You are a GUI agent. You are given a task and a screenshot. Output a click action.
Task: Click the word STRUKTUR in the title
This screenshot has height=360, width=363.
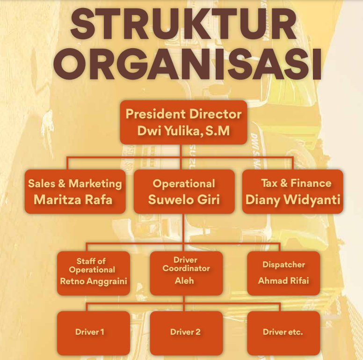tap(183, 24)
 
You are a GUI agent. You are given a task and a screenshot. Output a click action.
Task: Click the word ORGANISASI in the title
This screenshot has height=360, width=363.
tap(187, 64)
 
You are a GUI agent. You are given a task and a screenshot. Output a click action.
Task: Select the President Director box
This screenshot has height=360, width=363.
tap(183, 122)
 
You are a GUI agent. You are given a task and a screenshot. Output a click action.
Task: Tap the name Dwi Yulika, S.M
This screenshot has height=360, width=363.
tap(183, 131)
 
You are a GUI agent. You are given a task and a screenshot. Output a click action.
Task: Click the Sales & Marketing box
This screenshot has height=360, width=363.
tap(75, 191)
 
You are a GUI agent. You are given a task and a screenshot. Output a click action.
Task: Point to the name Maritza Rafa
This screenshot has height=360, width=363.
tap(73, 199)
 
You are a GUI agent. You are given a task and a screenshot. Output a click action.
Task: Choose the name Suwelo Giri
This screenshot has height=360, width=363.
tap(184, 199)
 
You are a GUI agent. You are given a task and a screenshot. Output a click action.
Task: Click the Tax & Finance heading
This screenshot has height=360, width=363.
tap(296, 183)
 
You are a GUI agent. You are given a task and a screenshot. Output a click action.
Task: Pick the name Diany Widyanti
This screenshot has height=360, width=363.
tap(293, 200)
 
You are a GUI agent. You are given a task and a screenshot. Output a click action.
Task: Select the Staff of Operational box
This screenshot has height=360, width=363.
tap(94, 273)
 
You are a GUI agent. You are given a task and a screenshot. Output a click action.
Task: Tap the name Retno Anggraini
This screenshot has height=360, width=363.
tap(94, 281)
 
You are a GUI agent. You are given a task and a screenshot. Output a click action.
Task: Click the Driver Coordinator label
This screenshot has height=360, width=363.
tap(186, 264)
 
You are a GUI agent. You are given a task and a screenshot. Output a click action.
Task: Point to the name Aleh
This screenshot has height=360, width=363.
tap(184, 281)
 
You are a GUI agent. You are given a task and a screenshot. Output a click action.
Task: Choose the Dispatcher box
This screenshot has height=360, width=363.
tap(283, 273)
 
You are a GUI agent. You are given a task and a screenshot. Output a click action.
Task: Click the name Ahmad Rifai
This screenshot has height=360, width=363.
tap(283, 281)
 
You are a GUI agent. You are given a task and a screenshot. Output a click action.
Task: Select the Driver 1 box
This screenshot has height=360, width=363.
tap(94, 333)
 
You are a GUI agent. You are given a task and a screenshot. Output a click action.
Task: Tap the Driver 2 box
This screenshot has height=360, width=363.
tap(186, 333)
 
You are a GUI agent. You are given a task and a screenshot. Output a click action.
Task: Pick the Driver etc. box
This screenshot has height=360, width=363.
tap(283, 333)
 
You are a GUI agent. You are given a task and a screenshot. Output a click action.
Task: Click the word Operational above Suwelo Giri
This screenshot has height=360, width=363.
tap(184, 184)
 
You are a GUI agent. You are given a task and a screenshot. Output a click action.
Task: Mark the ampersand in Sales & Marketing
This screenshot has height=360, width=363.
tap(62, 183)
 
